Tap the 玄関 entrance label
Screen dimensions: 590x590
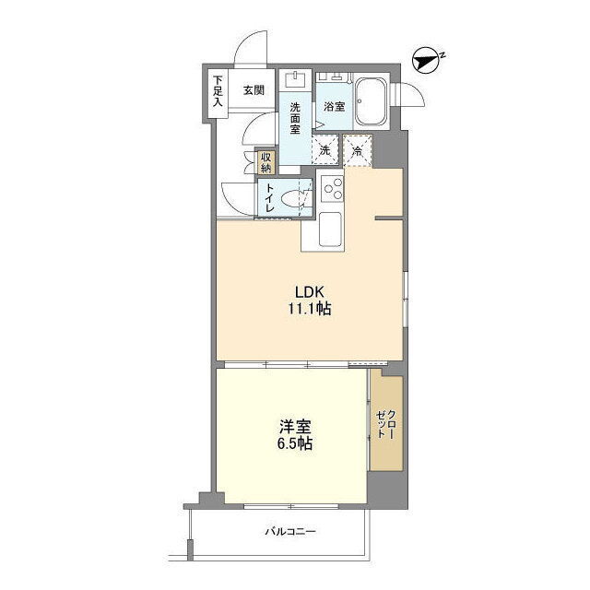coord(254,90)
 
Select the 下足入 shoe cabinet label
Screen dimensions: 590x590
coord(218,91)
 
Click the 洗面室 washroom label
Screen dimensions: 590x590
coord(295,118)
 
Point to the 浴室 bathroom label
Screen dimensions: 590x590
coord(334,107)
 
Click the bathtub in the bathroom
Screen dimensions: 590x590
coord(371,102)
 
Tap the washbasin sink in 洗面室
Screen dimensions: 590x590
coord(295,79)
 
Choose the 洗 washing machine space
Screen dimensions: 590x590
coord(325,150)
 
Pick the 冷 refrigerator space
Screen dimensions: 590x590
coord(358,150)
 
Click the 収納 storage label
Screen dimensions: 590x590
coord(265,162)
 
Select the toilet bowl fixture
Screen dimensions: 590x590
coord(296,197)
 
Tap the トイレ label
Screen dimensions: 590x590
coord(269,198)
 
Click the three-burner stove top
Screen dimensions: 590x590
coord(333,189)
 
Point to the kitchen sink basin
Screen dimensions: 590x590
coord(330,230)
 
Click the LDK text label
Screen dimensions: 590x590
coord(310,291)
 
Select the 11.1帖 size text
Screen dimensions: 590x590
coord(310,309)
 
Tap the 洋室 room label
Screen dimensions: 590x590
coord(295,428)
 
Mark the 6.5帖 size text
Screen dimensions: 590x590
coord(295,444)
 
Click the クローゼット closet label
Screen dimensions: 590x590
coord(386,424)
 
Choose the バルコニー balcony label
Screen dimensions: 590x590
coord(290,532)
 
